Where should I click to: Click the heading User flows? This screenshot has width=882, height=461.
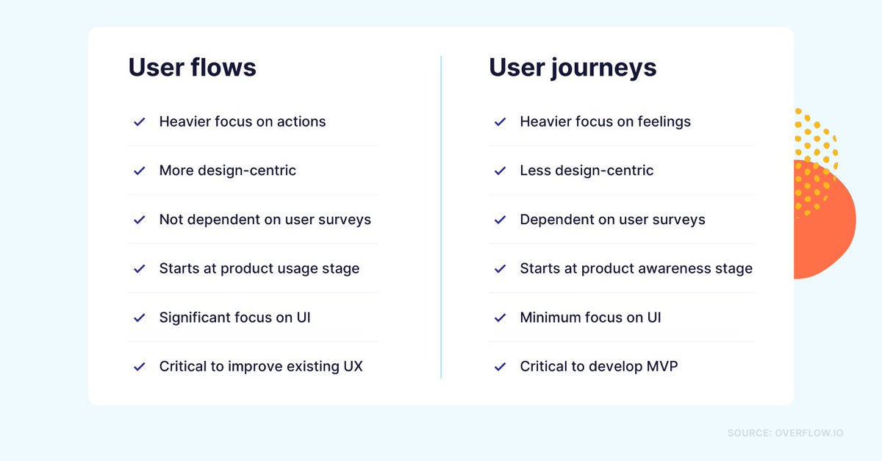pyautogui.click(x=192, y=68)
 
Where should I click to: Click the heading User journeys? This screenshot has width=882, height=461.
pyautogui.click(x=573, y=68)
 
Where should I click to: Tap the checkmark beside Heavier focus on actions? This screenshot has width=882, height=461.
pyautogui.click(x=139, y=122)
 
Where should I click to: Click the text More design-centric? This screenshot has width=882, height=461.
pyautogui.click(x=227, y=171)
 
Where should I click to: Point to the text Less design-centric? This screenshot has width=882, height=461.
pyautogui.click(x=586, y=171)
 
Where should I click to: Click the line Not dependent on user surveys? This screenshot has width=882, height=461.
pyautogui.click(x=265, y=220)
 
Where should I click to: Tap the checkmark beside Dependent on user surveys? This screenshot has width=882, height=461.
pyautogui.click(x=500, y=220)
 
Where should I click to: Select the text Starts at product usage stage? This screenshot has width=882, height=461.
pyautogui.click(x=259, y=268)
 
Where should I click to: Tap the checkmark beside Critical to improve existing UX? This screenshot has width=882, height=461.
pyautogui.click(x=139, y=366)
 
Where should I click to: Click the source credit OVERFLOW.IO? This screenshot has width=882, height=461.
pyautogui.click(x=808, y=433)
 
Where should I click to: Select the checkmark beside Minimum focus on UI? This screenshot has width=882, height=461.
pyautogui.click(x=500, y=318)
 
